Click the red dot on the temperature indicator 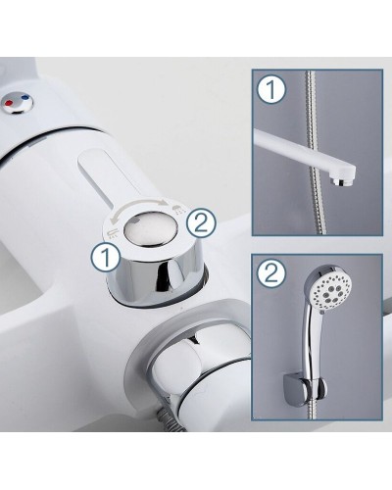tap(9, 104)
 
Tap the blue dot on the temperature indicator tap(25, 97)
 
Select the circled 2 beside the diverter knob tap(201, 222)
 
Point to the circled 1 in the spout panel tap(271, 90)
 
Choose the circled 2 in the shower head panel tap(271, 273)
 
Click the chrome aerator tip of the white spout tap(340, 181)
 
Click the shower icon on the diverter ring tap(176, 209)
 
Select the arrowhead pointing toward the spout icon tap(112, 220)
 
